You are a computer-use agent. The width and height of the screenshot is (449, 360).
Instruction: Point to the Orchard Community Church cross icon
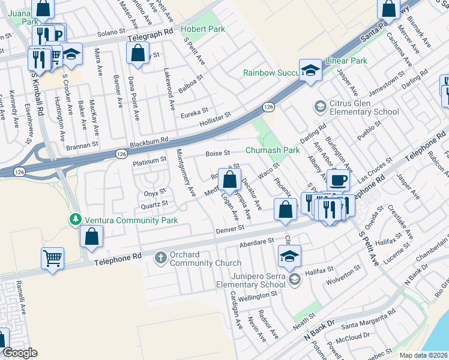pos(160,258)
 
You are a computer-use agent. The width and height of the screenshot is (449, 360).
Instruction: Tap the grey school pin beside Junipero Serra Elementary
pos(294,280)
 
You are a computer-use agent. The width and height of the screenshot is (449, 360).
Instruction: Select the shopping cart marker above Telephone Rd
pos(52,259)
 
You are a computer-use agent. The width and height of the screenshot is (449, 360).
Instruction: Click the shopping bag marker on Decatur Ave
pos(229,179)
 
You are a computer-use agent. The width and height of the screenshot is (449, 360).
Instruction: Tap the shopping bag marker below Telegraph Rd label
pos(138,52)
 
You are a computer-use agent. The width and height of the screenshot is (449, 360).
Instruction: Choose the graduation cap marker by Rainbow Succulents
pos(311,70)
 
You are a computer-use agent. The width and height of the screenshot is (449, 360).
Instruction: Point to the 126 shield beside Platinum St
pos(122,154)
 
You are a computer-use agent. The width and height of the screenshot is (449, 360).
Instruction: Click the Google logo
pos(20,353)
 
